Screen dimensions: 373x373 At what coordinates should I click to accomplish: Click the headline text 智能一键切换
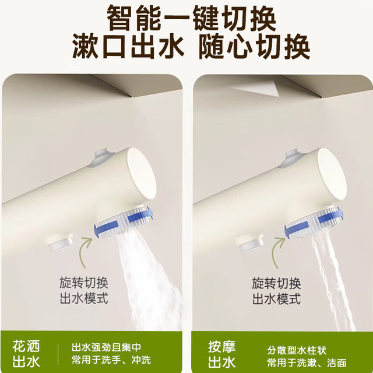(x=191, y=17)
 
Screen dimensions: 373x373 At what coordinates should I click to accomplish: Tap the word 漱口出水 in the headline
(x=128, y=46)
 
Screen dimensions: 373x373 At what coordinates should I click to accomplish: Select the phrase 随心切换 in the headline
(x=254, y=46)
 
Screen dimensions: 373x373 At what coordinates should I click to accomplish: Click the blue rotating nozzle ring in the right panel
(x=314, y=223)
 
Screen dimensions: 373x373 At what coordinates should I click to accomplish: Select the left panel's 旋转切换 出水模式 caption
(x=84, y=290)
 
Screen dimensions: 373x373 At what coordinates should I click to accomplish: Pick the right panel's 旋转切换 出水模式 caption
(x=276, y=291)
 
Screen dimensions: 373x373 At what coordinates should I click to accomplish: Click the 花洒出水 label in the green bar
(x=26, y=354)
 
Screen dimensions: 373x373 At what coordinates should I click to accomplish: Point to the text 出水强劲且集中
(x=106, y=347)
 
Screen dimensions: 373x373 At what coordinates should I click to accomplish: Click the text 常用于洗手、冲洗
(x=111, y=360)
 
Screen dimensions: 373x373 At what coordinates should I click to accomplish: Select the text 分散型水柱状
(x=297, y=350)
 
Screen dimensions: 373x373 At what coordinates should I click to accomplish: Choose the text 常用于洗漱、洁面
(x=307, y=363)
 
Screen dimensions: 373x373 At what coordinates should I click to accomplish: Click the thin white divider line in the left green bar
(x=58, y=354)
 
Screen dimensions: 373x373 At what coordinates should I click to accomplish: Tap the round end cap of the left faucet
(x=141, y=174)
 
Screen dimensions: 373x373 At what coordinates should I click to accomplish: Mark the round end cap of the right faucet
(x=332, y=174)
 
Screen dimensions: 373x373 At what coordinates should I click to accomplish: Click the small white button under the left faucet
(x=61, y=242)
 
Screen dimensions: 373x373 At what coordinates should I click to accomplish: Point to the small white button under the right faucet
(x=251, y=243)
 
